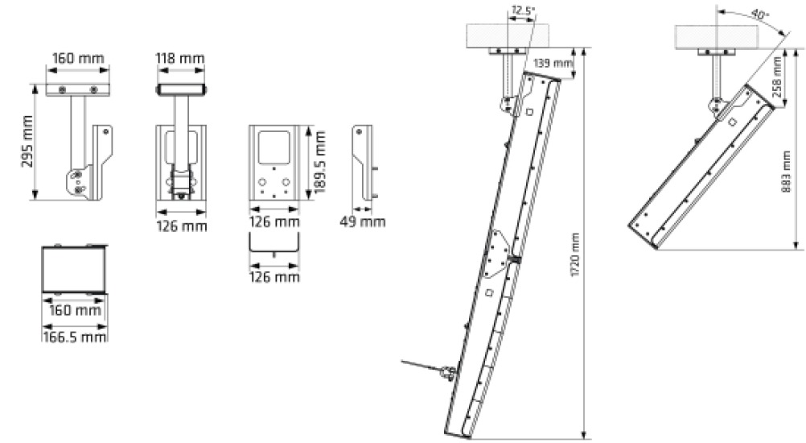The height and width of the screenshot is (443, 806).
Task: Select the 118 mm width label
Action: tap(179, 59)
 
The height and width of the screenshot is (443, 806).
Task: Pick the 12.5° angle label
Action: tap(522, 11)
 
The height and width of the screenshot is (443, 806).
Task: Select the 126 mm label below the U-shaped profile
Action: tap(273, 277)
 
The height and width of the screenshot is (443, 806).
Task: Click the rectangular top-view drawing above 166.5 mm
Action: tap(73, 268)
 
